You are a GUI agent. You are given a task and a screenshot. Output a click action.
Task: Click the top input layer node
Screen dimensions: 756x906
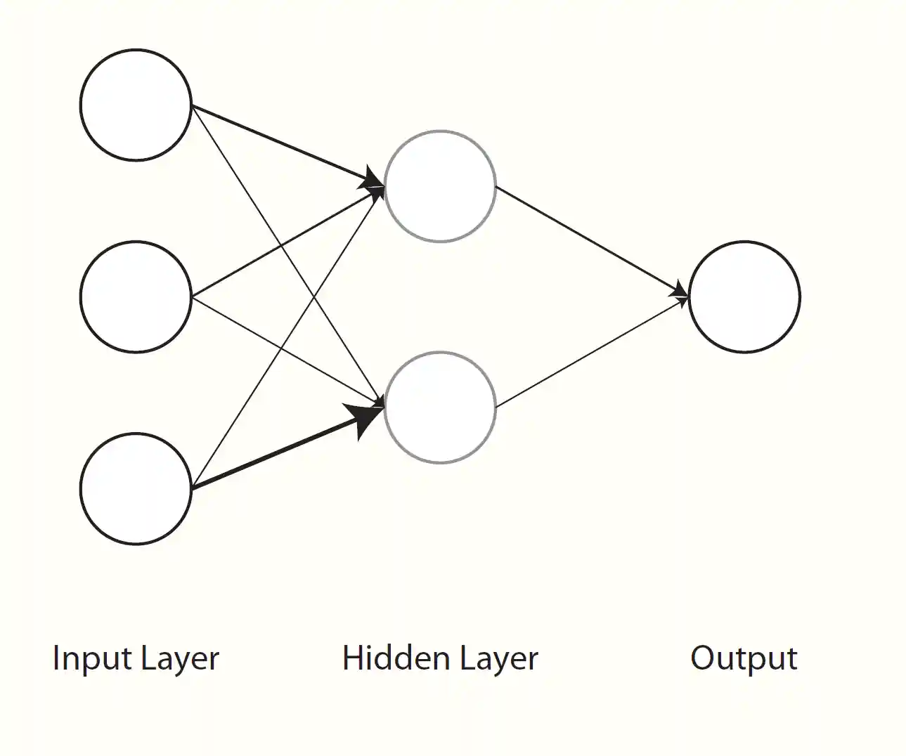136,105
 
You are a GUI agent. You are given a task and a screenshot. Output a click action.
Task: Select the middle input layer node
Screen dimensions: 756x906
136,296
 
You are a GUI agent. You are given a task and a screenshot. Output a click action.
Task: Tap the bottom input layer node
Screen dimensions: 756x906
136,488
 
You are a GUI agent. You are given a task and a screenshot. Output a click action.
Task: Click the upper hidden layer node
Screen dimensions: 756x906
440,186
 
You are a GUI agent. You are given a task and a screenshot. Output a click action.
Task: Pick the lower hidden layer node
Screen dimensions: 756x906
440,408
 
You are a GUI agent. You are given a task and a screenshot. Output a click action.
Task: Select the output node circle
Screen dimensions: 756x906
744,296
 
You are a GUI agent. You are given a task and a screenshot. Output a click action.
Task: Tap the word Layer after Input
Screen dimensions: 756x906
179,659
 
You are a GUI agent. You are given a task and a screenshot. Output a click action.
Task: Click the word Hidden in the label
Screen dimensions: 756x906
396,658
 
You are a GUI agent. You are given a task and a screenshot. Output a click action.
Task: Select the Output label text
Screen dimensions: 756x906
744,659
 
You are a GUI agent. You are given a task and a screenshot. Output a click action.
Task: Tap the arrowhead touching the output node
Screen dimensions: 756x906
681,292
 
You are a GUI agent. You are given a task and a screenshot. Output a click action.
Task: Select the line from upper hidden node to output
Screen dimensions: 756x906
590,240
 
